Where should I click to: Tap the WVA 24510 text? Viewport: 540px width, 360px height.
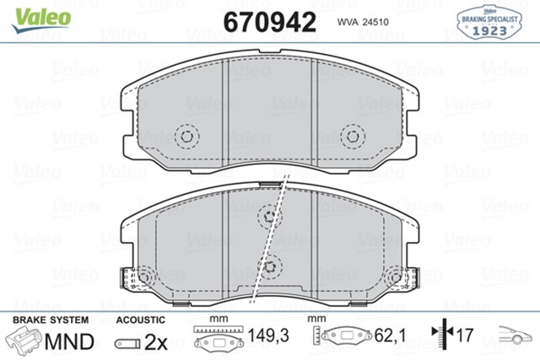[362, 23]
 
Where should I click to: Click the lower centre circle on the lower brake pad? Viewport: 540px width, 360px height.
[270, 267]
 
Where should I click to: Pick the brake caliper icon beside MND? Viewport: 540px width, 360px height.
[24, 341]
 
